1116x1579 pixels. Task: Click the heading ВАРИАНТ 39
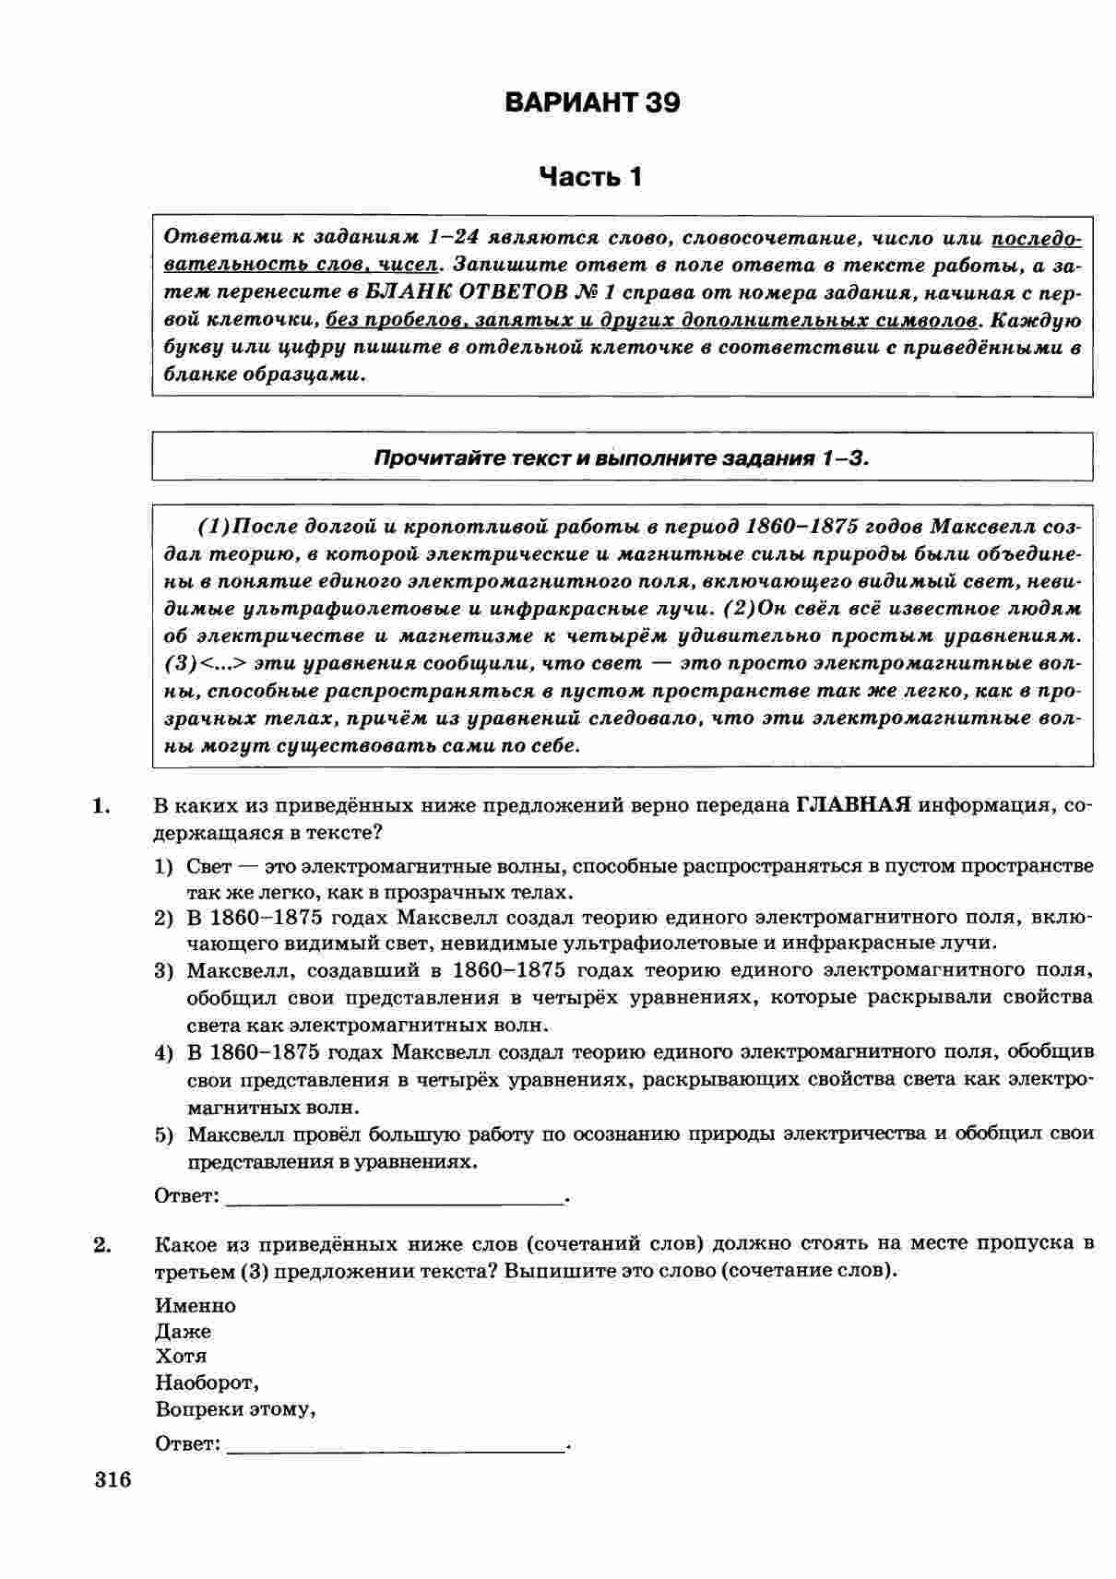592,102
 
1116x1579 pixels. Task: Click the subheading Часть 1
590,176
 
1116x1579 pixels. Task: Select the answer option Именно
196,1306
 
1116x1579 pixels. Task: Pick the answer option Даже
184,1332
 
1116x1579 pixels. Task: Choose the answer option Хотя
181,1357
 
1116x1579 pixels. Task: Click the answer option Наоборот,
208,1383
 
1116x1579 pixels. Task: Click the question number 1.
101,806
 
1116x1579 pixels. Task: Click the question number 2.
101,1245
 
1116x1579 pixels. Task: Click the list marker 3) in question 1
164,971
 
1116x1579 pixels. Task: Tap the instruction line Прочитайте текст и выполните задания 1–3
622,457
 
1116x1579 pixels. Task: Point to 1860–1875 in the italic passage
801,527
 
